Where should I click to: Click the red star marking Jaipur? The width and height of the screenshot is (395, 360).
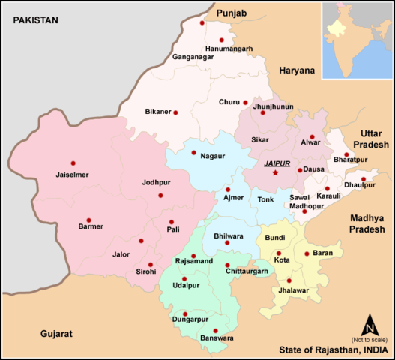275,173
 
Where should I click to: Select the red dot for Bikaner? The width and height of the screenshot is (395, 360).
175,112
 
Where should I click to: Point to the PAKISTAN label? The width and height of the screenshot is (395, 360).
31,20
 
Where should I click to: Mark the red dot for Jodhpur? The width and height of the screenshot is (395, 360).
160,196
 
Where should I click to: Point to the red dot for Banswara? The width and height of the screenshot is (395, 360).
215,331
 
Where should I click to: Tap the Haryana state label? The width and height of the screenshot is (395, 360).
298,70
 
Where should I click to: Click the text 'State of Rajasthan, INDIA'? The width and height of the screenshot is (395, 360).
333,349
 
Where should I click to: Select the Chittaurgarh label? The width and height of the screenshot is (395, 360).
247,270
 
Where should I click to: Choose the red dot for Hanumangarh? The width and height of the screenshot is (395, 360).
221,40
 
